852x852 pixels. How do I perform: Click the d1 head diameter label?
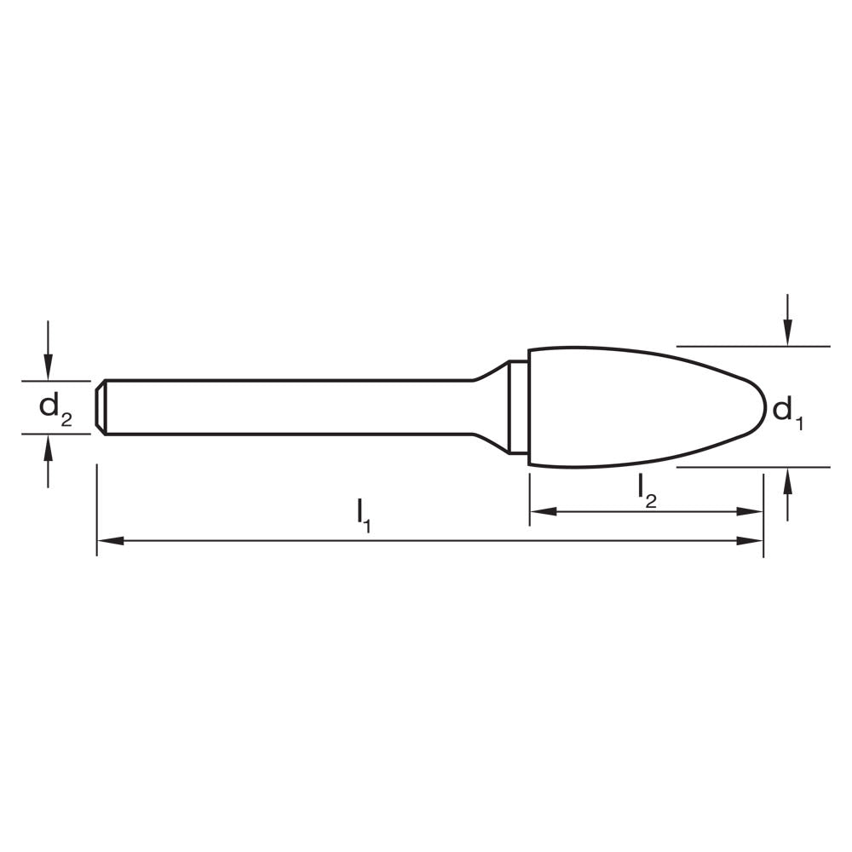pyautogui.click(x=787, y=412)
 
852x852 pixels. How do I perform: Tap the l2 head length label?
pyautogui.click(x=648, y=489)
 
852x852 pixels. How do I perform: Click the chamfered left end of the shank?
pyautogui.click(x=101, y=407)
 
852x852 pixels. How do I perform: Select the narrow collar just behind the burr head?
pyautogui.click(x=518, y=407)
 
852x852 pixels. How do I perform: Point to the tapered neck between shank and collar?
pyautogui.click(x=490, y=407)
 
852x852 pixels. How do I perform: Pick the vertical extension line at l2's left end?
pyautogui.click(x=530, y=498)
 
